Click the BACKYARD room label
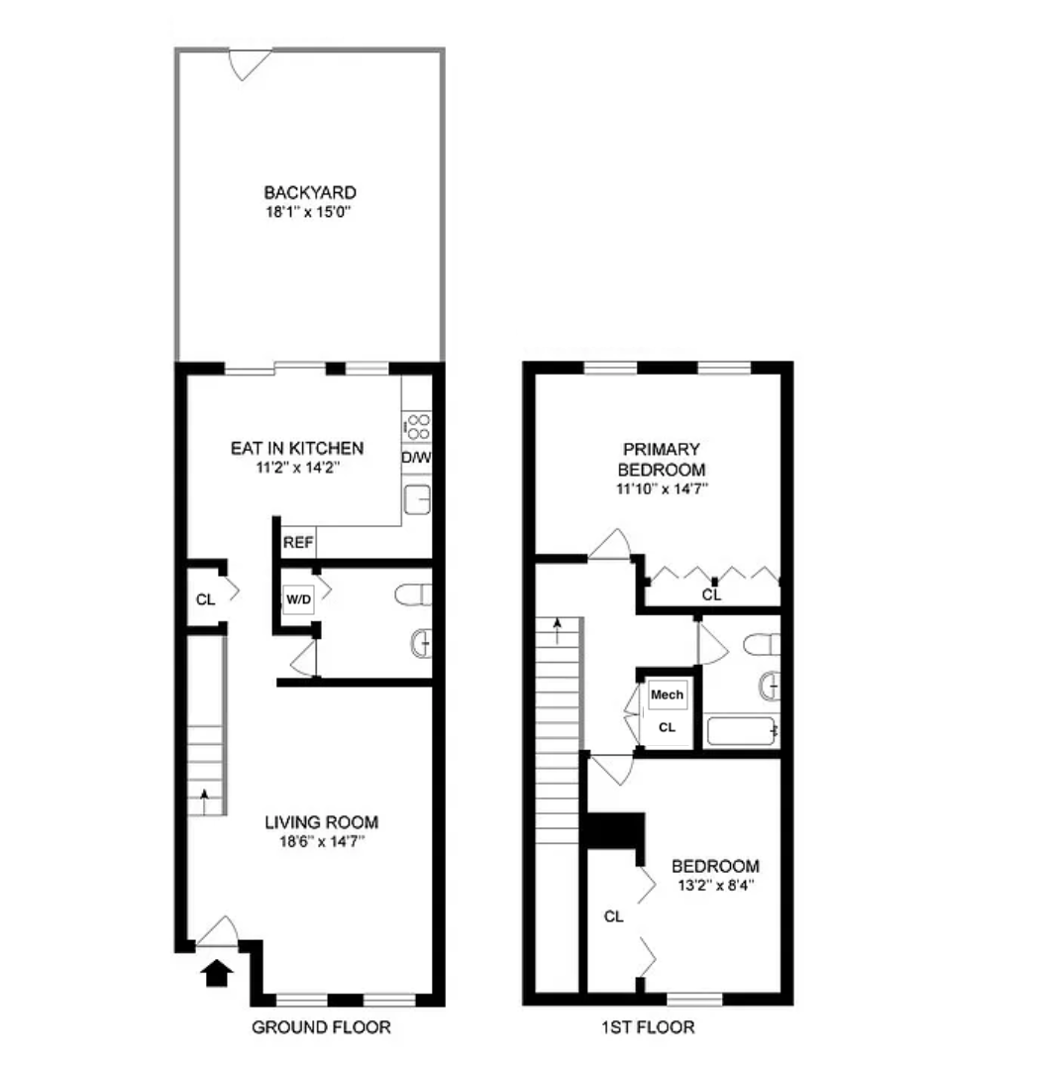coord(309,192)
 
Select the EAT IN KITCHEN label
coord(296,448)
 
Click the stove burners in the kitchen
coord(417,427)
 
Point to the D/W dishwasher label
coord(416,459)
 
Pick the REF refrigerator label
coord(298,543)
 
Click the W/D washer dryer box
coord(298,599)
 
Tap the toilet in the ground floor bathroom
coord(412,595)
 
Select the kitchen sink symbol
coord(417,501)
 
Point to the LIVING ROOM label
coord(321,822)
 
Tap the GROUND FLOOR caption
coord(321,1027)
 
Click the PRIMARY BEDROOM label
coord(662,460)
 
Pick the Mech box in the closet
coord(667,695)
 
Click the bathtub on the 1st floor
coord(742,732)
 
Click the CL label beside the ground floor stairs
coord(205,599)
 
